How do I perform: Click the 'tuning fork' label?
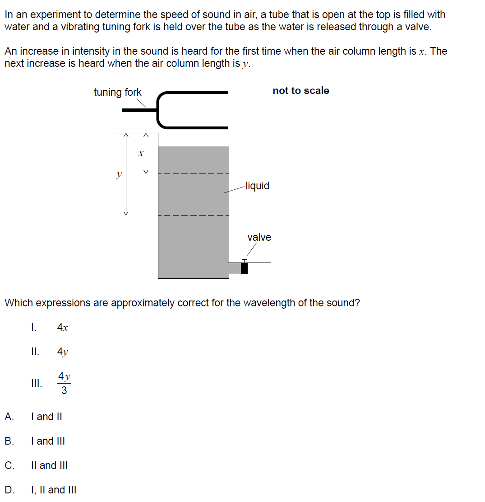(x=117, y=93)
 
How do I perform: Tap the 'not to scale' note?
(x=300, y=91)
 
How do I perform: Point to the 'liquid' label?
(x=258, y=186)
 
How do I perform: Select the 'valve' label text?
(x=259, y=237)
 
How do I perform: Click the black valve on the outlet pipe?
(x=244, y=268)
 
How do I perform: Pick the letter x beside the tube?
(x=141, y=154)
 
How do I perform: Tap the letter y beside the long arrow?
(x=119, y=174)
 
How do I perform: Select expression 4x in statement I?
(x=63, y=328)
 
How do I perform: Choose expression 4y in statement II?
(x=63, y=352)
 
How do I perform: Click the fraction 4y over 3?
(x=64, y=383)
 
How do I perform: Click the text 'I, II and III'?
(x=53, y=490)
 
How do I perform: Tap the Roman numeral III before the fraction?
(x=37, y=384)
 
